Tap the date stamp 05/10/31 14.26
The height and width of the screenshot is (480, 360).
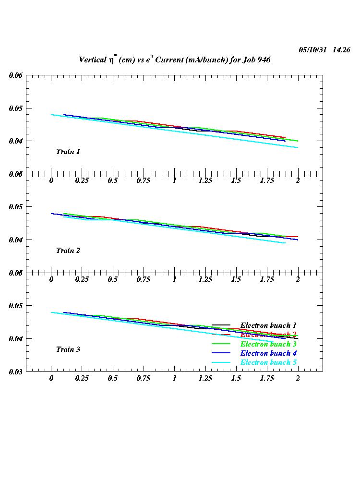(324, 49)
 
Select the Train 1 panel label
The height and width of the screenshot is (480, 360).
(68, 152)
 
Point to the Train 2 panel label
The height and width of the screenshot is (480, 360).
(68, 251)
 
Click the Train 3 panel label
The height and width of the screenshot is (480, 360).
(68, 349)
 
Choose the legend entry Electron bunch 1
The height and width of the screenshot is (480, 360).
(268, 325)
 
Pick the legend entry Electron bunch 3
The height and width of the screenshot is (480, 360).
(268, 344)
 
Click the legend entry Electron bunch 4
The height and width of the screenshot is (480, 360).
(268, 353)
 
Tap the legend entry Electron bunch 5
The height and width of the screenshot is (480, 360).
(268, 362)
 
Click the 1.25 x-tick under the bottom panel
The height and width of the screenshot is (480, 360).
(205, 378)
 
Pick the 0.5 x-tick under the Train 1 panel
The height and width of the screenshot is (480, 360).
(113, 180)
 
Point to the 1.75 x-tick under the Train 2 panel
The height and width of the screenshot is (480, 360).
(267, 279)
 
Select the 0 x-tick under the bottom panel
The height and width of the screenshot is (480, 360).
(51, 378)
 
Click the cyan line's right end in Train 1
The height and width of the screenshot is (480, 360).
(298, 147)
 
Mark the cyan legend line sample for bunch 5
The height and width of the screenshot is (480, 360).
(221, 362)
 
